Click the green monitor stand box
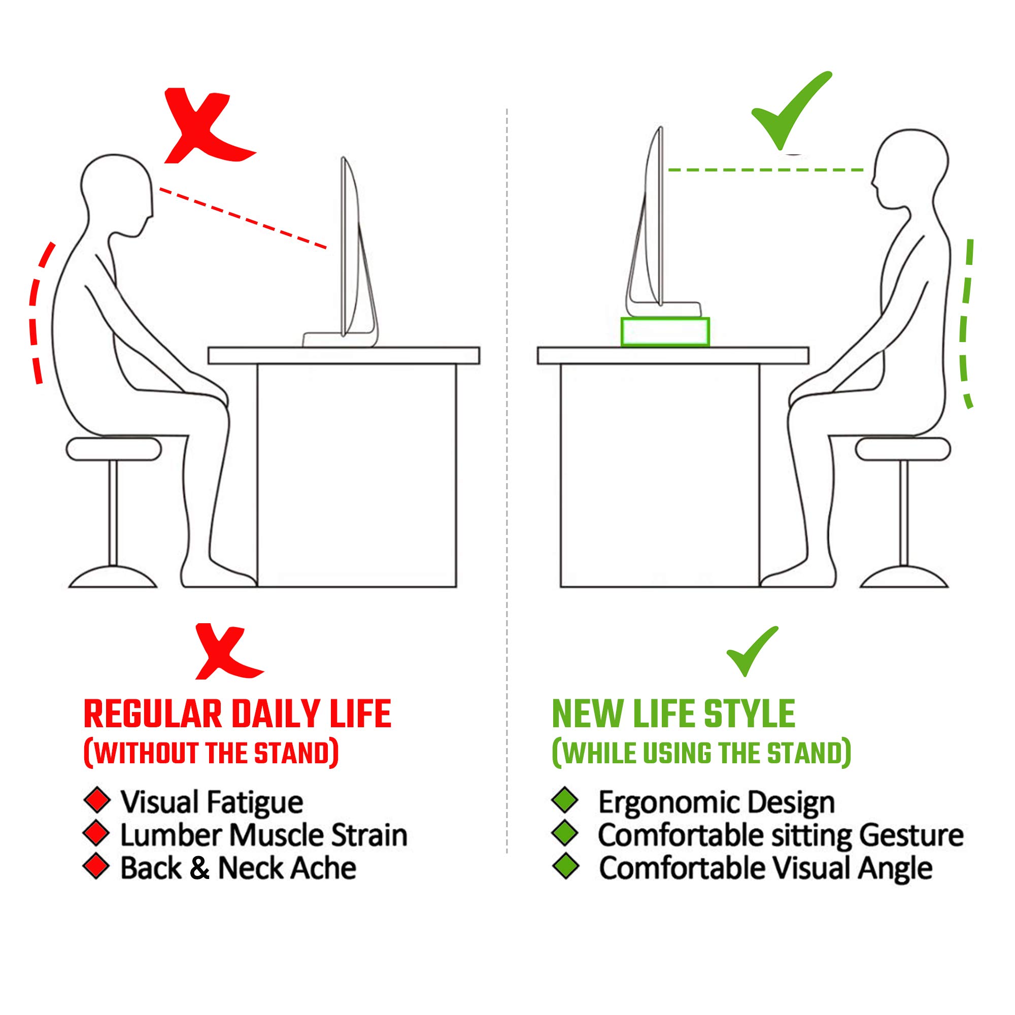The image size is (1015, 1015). click(665, 331)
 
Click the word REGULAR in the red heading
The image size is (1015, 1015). click(153, 715)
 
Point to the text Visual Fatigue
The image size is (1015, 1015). click(212, 802)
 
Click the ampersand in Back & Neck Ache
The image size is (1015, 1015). click(199, 868)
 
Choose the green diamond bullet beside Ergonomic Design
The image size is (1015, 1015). click(565, 801)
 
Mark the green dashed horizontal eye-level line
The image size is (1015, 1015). click(765, 170)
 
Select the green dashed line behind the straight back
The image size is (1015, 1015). click(966, 320)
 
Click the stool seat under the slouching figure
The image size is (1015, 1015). click(114, 450)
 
